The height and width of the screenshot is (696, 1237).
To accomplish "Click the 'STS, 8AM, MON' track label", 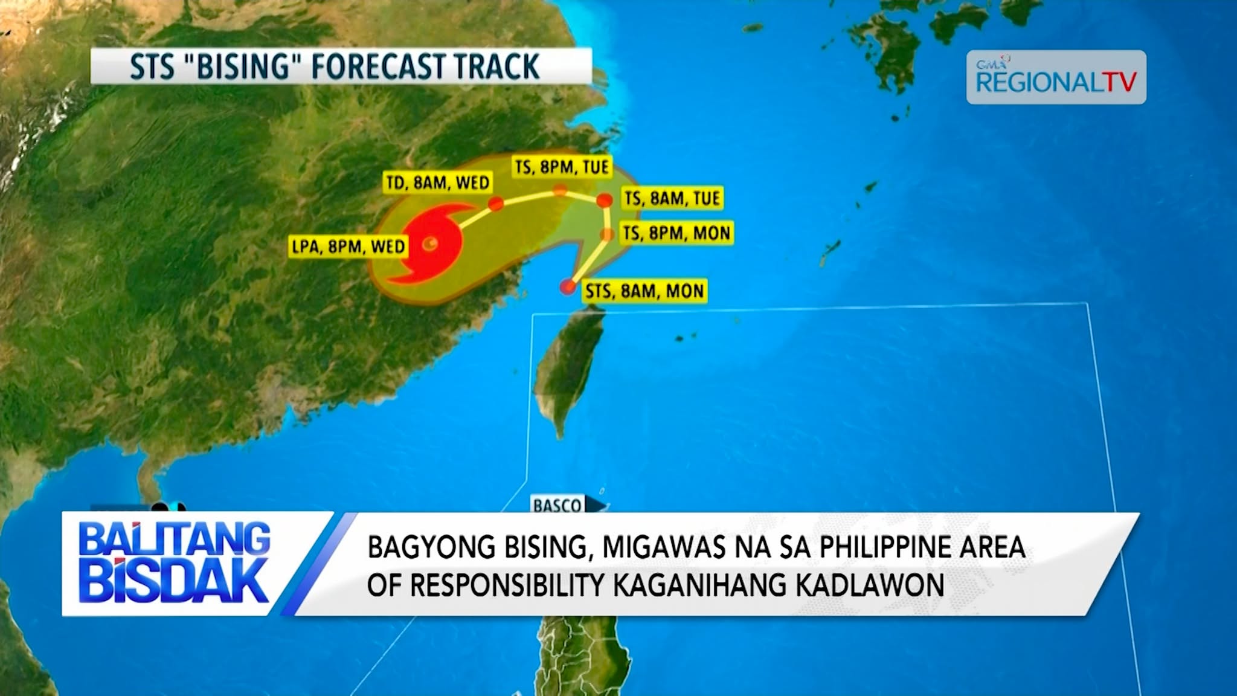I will click(x=644, y=291).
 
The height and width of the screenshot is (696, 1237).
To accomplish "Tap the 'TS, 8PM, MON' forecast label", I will click(x=676, y=233).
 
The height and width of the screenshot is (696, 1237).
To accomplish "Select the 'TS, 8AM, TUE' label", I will click(x=672, y=198).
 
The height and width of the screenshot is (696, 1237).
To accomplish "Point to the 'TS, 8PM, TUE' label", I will click(x=562, y=166).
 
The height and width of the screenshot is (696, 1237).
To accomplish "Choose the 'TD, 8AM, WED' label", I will click(x=437, y=182).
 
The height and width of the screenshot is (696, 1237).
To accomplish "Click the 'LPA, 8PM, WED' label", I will click(x=349, y=246).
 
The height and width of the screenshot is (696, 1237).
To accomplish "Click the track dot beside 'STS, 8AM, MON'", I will click(x=568, y=286).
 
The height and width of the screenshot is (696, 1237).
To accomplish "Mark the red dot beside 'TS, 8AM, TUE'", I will click(x=604, y=200).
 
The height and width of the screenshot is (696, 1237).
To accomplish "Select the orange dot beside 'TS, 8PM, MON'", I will click(x=607, y=234).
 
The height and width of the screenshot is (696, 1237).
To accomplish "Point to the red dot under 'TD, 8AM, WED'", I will click(x=496, y=204).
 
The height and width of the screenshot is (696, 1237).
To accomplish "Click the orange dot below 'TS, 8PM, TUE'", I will click(x=561, y=190).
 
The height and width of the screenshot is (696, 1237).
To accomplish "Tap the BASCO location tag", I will click(x=557, y=505).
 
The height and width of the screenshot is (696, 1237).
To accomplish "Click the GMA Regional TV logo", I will click(x=1056, y=77).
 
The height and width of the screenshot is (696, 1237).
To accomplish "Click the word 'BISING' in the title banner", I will click(x=242, y=66).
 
